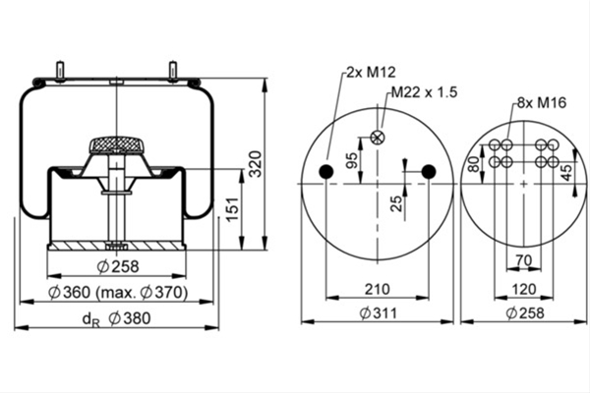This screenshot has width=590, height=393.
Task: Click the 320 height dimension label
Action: [256, 164]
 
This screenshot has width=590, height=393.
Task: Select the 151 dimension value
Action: [233, 209]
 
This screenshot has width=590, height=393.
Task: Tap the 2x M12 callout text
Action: [371, 72]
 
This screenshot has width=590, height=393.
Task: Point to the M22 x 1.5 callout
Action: [424, 91]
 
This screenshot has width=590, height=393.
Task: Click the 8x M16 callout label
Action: [542, 102]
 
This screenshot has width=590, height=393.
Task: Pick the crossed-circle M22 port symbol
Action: [377, 138]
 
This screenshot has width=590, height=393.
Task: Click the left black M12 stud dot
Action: [326, 172]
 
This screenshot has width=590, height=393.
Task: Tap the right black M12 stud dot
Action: [429, 172]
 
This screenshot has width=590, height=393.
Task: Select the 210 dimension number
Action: [377, 289]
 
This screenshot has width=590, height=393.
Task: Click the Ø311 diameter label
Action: [379, 312]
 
